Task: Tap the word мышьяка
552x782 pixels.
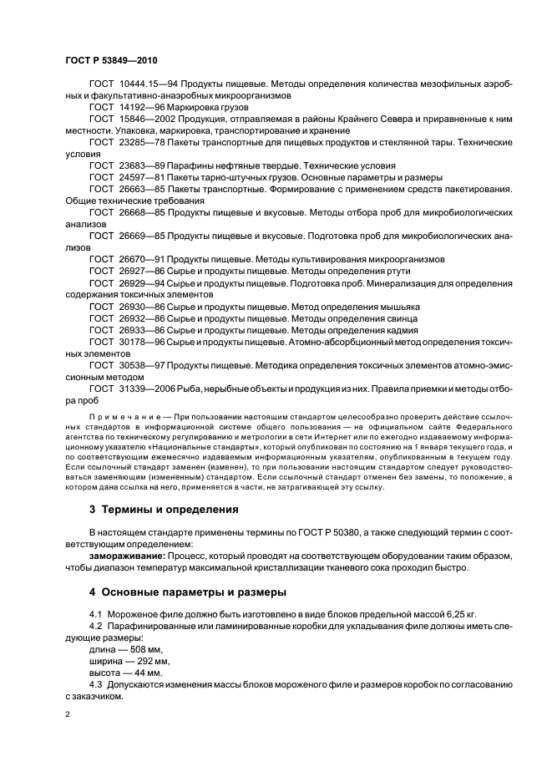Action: tap(398, 306)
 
